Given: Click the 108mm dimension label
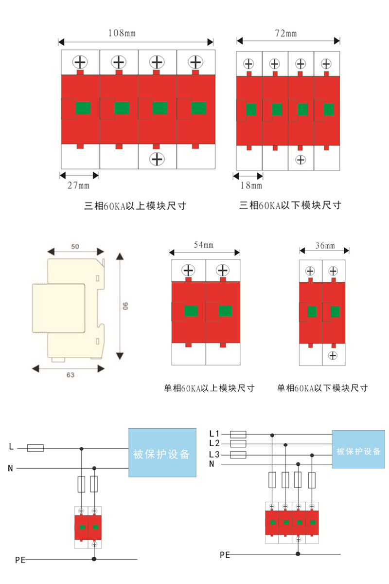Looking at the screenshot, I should pos(122,33).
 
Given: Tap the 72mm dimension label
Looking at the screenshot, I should pos(286,33).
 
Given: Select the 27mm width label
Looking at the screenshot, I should pos(78,185).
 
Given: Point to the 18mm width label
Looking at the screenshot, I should pos(251,185).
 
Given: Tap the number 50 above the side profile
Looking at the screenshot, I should pos(75,247).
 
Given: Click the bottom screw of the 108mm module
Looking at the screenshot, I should pos(156,159).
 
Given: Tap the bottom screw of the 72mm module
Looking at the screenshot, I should pos(301,159).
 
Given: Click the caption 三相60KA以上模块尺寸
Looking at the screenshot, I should pos(136,206).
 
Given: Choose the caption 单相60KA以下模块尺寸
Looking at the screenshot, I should pos(322,388).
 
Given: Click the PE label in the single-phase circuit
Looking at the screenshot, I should pos(20,560).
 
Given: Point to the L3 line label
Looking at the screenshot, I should pos(214,454).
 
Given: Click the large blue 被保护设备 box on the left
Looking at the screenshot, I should pos(162,453).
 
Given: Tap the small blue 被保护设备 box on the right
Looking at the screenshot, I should pos(359,451).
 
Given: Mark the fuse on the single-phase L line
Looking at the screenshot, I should pos(35,448).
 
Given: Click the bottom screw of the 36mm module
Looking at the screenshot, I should pos(333,355).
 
